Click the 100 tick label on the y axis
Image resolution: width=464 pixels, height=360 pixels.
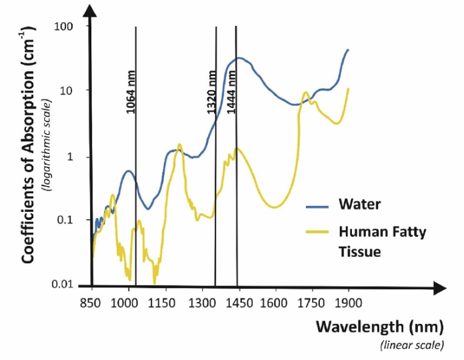click(64, 26)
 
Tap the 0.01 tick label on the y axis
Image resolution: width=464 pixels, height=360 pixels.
click(62, 285)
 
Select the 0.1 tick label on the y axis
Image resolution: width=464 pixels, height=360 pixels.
click(65, 221)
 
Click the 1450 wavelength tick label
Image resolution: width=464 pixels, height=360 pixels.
click(237, 304)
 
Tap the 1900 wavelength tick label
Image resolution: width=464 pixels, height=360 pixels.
click(349, 304)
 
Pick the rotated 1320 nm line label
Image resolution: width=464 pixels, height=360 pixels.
click(212, 92)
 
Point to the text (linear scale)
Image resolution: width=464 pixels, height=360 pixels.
click(411, 346)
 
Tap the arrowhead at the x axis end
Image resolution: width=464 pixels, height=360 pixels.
click(439, 288)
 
